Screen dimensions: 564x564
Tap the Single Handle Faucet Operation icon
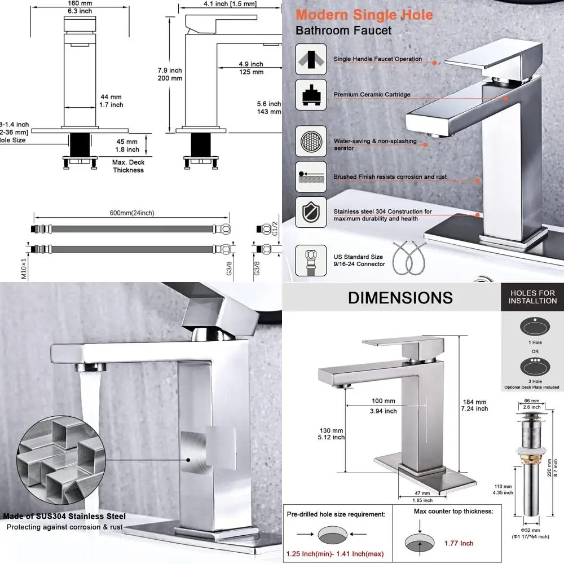(310, 59)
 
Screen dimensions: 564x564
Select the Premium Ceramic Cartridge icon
(310, 94)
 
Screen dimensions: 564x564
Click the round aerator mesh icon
(310, 141)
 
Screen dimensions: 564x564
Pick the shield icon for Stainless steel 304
(310, 213)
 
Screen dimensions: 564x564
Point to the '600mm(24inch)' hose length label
(131, 213)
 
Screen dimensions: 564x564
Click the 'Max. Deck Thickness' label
(128, 166)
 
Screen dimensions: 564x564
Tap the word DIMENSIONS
(400, 298)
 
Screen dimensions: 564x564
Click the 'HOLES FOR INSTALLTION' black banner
(533, 297)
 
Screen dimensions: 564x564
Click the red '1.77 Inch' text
(460, 543)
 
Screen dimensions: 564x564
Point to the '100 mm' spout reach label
(384, 401)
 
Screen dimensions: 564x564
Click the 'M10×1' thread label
(24, 267)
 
